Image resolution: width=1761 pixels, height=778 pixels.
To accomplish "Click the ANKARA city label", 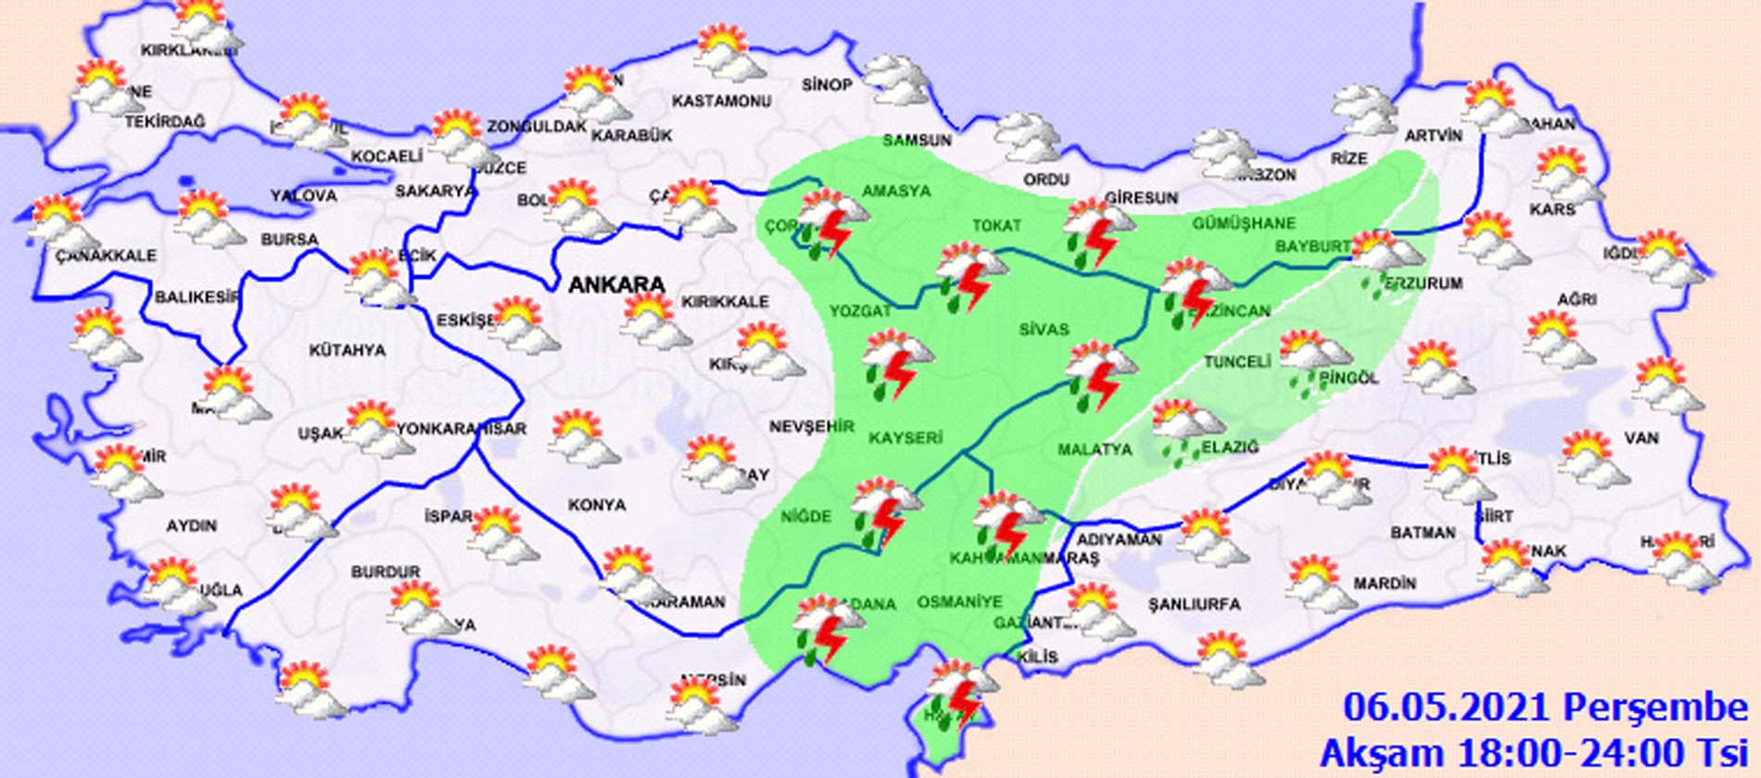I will point(616,284).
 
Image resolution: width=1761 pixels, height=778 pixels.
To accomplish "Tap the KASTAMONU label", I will point(721,100).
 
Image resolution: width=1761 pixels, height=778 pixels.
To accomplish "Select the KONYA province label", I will point(597,505).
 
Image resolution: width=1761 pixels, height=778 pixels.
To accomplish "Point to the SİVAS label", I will point(1044,329).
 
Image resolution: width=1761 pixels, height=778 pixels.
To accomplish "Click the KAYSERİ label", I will point(906,437).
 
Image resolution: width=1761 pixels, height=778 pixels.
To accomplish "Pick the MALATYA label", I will point(1095,449).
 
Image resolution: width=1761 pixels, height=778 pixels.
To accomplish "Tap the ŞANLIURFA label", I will point(1194,604).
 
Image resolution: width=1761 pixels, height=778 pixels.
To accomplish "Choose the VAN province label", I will point(1641,437).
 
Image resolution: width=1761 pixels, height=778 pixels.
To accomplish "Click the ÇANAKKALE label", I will point(106,255).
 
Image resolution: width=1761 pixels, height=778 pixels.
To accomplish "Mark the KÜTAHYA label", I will point(348,350).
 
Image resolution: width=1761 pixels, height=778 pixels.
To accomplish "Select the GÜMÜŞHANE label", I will point(1243,223).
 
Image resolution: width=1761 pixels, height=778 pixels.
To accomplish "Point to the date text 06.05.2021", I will point(1447,709).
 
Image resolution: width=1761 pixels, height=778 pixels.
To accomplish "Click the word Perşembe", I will point(1655,709).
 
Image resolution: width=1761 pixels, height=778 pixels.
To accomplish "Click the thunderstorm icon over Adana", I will point(828,630).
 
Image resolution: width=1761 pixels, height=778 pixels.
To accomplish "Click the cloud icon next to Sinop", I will point(895,79).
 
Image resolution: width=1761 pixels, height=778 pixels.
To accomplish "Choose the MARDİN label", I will point(1385,583).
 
